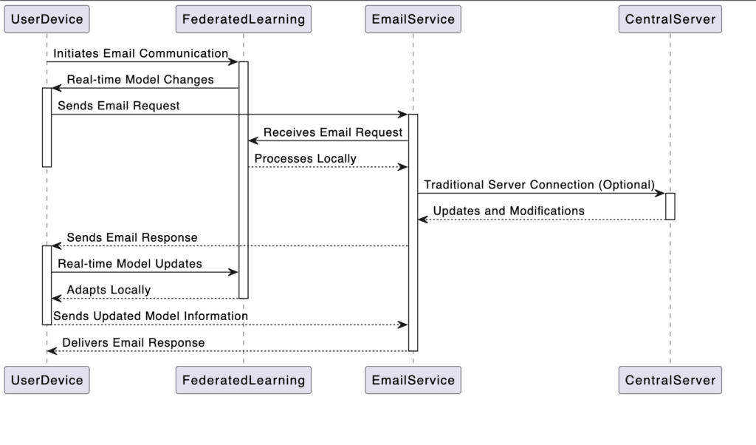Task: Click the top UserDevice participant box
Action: click(47, 19)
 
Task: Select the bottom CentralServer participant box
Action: click(670, 380)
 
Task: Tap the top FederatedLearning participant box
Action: click(243, 19)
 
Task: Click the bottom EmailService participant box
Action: click(413, 380)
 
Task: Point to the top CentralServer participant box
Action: click(670, 19)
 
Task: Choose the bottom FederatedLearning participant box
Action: click(243, 380)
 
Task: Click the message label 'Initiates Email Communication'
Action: click(140, 53)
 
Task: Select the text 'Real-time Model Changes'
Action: click(140, 80)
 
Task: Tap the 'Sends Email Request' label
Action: click(119, 106)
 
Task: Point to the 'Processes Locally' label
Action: click(305, 159)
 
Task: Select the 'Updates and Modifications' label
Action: click(509, 211)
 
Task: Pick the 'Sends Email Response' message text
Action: click(132, 238)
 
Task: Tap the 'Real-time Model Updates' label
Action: click(130, 264)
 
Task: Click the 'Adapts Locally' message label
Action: click(109, 290)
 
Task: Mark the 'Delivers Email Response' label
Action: click(134, 343)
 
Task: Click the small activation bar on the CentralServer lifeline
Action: click(670, 206)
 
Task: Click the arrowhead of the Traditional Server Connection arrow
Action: click(660, 194)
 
